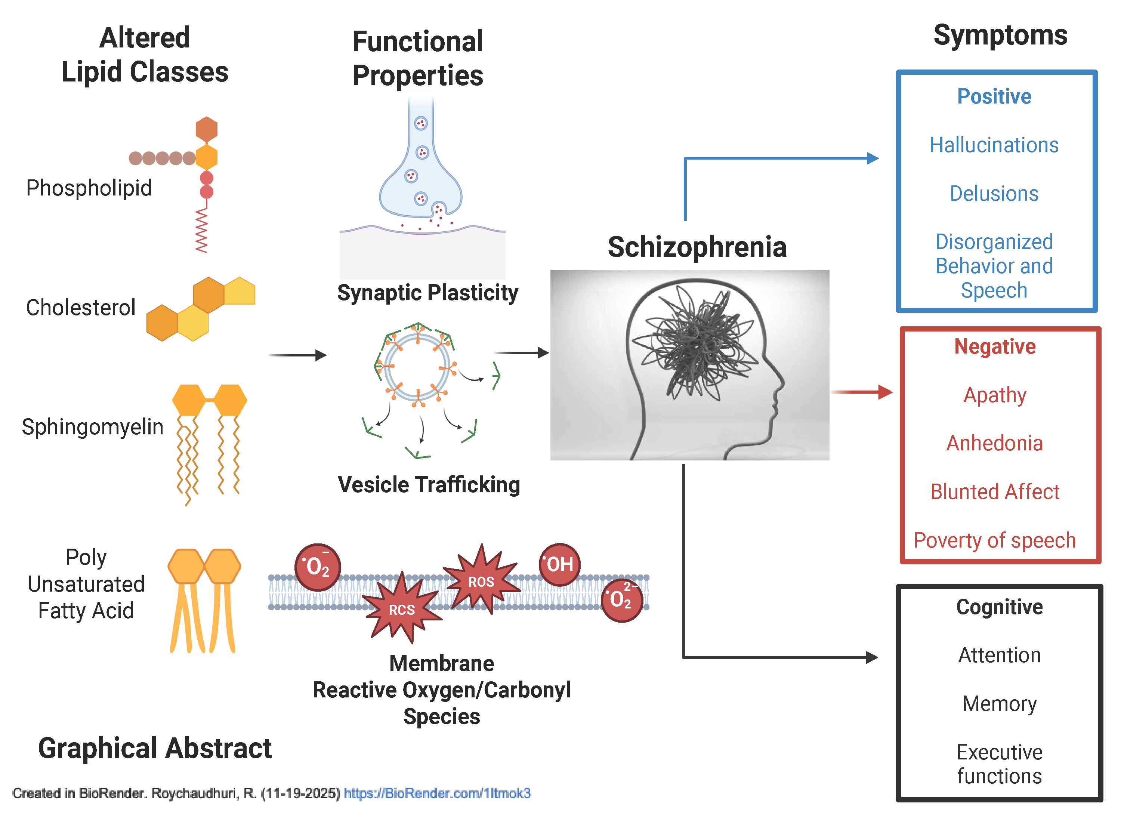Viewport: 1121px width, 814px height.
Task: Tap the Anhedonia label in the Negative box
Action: [x=994, y=443]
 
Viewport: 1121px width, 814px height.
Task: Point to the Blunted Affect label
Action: [x=994, y=491]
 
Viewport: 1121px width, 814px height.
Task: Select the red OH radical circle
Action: [x=559, y=564]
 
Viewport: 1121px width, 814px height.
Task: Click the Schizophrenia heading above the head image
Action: [x=697, y=247]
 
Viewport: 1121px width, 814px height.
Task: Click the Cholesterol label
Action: [x=81, y=308]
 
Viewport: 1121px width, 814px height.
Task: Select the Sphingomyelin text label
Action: [x=92, y=426]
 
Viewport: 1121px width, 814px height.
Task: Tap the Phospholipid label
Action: [x=89, y=188]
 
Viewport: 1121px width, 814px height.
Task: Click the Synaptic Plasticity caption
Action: [x=427, y=293]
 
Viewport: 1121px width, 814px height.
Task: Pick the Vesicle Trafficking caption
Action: [x=429, y=484]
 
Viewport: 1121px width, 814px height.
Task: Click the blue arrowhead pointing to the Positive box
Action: [x=873, y=158]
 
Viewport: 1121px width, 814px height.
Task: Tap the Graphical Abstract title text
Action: [x=155, y=748]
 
